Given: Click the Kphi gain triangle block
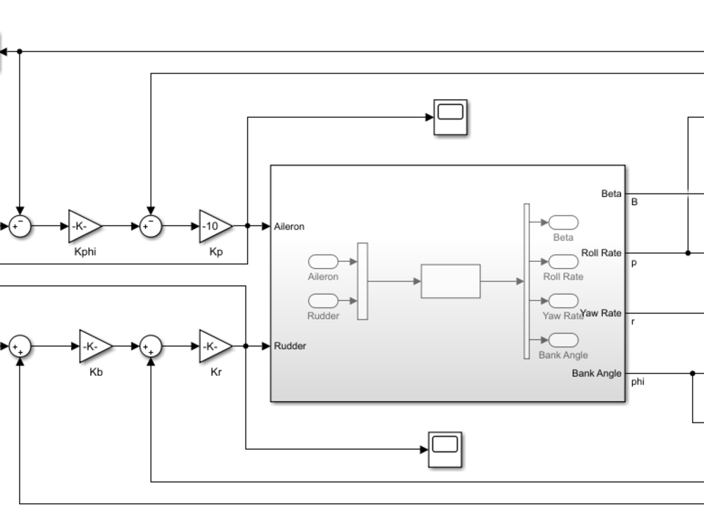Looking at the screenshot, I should pyautogui.click(x=83, y=226).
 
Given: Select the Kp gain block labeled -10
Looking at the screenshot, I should pyautogui.click(x=214, y=226).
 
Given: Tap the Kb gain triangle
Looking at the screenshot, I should pyautogui.click(x=94, y=346).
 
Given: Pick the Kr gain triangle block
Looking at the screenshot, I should pyautogui.click(x=214, y=346).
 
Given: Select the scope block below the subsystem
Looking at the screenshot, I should pyautogui.click(x=445, y=449).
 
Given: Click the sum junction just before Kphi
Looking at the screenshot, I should pyautogui.click(x=20, y=226).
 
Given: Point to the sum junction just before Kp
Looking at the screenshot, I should pyautogui.click(x=151, y=226).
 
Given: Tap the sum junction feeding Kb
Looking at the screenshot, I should pyautogui.click(x=20, y=346).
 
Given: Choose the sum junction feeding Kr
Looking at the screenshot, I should pyautogui.click(x=151, y=346).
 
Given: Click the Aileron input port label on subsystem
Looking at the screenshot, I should pyautogui.click(x=289, y=227).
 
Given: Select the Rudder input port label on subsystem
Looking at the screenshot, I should pyautogui.click(x=289, y=346).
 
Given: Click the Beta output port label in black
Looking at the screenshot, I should pyautogui.click(x=611, y=194).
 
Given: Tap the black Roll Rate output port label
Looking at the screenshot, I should pyautogui.click(x=601, y=253).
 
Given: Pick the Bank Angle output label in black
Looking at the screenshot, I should pyautogui.click(x=596, y=373).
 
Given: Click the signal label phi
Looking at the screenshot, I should pyautogui.click(x=638, y=382).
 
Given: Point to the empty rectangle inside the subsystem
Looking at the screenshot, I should pyautogui.click(x=451, y=281).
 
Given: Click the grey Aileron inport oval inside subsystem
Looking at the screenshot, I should pyautogui.click(x=322, y=262).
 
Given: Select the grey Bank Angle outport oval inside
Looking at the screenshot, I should pyautogui.click(x=563, y=340).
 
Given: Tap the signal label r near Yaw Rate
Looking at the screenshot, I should pyautogui.click(x=632, y=322).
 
